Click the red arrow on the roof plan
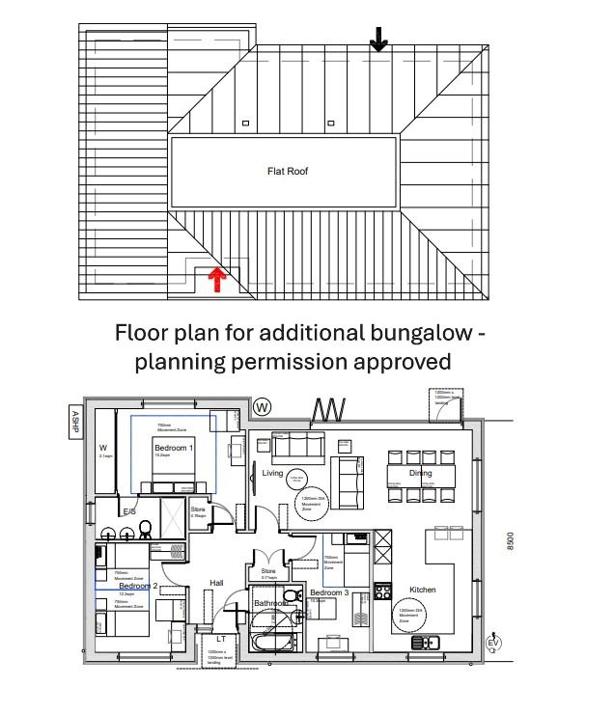(x=218, y=280)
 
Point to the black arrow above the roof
(x=378, y=39)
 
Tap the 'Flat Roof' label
(x=287, y=171)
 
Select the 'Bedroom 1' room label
(x=173, y=448)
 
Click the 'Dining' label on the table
(x=420, y=474)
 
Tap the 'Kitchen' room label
(x=423, y=590)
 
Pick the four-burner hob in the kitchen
(x=381, y=590)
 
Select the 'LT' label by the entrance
(x=221, y=639)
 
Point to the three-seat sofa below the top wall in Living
(x=297, y=446)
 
